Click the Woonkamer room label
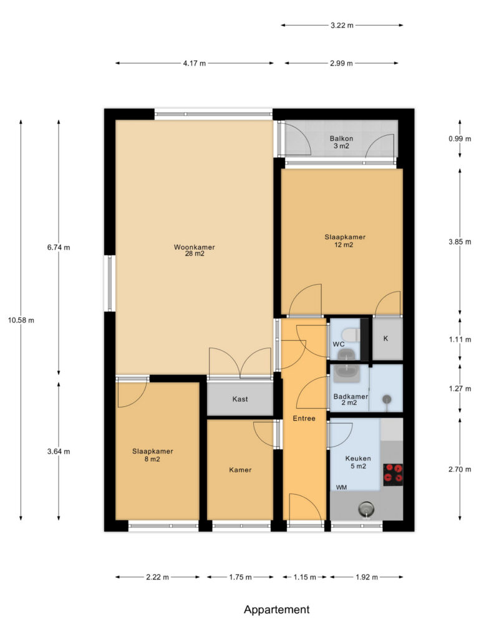pos(195,247)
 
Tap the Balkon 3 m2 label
pos(341,142)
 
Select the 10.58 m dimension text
pos(21,320)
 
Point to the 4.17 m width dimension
pos(195,63)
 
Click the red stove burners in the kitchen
pos(393,474)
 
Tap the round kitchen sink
pos(366,508)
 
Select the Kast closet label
pos(240,399)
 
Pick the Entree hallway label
pos(304,418)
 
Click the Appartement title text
pos(276,609)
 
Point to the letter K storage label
pos(385,338)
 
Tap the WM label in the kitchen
pos(341,487)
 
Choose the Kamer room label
pos(240,470)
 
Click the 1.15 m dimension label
pos(304,577)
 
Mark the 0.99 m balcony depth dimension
pos(460,139)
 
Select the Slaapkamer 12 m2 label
pos(344,241)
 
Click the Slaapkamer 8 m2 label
pos(152,455)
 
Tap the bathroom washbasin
pos(347,374)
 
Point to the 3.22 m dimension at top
pos(342,25)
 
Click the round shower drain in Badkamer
pos(386,399)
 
